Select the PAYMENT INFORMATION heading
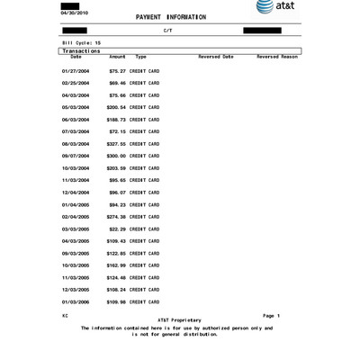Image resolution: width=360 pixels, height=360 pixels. point(170,17)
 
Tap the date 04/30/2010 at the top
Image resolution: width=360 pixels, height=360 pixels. point(73,13)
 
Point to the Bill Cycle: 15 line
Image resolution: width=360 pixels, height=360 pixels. point(81,41)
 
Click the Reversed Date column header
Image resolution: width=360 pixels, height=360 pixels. point(216,57)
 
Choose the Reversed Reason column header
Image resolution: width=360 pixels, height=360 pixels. point(277,57)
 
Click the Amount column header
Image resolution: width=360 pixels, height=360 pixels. point(117,57)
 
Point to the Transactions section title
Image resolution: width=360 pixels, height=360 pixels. point(79,50)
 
